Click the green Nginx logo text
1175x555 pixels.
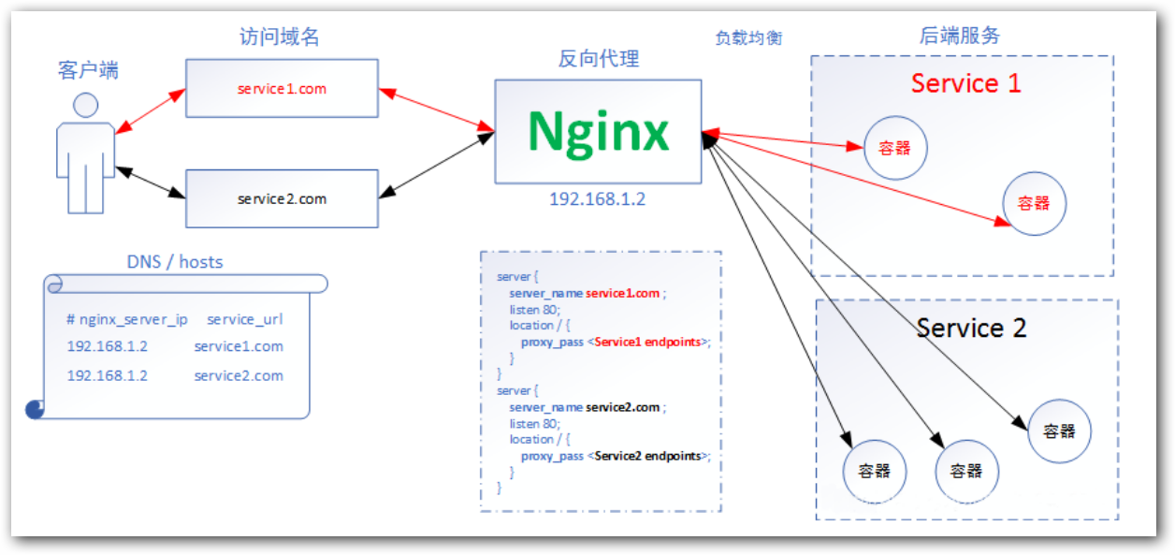(598, 131)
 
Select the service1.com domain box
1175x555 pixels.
(282, 88)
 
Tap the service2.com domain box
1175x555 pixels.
(282, 198)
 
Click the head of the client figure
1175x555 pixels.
(86, 105)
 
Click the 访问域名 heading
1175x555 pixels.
(281, 37)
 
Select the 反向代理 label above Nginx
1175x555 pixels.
(599, 59)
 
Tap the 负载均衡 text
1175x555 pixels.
(748, 38)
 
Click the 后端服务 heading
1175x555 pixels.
(960, 36)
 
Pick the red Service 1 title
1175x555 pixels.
(965, 83)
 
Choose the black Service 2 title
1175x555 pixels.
(971, 329)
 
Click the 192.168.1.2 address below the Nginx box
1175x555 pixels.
(597, 199)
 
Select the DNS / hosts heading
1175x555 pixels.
(175, 262)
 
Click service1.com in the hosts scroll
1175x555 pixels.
(239, 346)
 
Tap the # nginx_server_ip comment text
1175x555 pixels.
(127, 319)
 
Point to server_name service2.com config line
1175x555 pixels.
(586, 407)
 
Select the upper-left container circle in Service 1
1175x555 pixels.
(895, 148)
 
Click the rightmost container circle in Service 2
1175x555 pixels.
(1059, 431)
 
